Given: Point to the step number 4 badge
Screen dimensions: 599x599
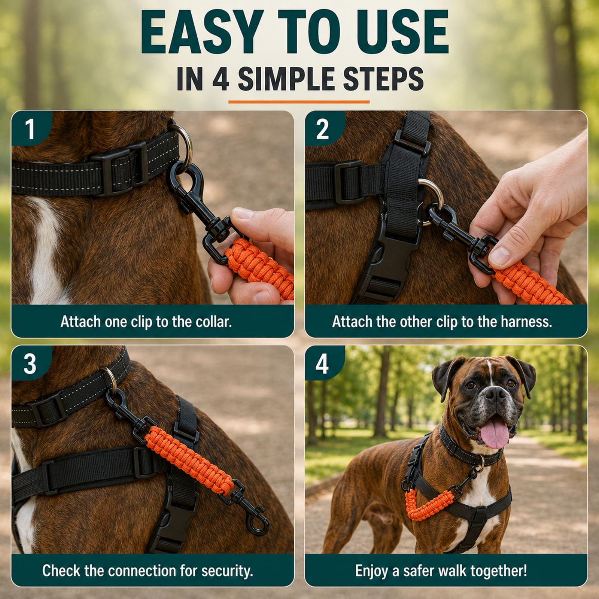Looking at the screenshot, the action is click(322, 363).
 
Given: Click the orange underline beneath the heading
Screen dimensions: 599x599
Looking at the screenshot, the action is click(299, 101).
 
